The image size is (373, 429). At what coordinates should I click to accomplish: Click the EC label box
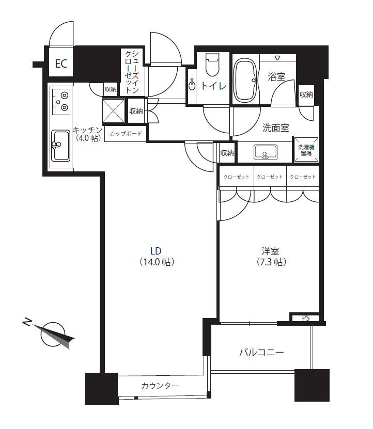point(61,63)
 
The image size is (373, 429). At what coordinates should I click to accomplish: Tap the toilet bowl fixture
point(213,65)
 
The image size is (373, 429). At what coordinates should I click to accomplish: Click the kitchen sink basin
point(61,145)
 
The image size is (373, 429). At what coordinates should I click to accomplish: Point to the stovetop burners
point(61,102)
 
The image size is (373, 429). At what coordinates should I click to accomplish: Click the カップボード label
point(126,134)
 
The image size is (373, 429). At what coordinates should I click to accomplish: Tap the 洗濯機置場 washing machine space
point(306,150)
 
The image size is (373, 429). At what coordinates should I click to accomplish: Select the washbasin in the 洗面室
point(266,152)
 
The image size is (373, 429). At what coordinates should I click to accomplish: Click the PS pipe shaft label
point(306,318)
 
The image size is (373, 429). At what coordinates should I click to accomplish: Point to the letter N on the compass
point(26,322)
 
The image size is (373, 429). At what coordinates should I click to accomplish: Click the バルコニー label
point(261,352)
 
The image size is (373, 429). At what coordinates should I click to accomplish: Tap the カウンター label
point(160,386)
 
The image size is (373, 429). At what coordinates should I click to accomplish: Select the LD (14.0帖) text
point(157,257)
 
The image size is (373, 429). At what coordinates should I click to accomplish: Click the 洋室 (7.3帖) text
point(271,257)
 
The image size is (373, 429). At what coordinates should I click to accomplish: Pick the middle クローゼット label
point(270,177)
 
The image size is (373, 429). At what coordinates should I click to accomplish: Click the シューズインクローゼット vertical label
point(132,72)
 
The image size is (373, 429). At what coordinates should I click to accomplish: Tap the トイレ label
point(213,86)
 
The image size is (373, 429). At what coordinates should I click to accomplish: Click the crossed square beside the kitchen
point(113,111)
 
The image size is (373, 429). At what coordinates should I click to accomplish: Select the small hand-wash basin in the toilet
point(192,84)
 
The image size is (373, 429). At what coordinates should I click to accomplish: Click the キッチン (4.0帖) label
point(87,134)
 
